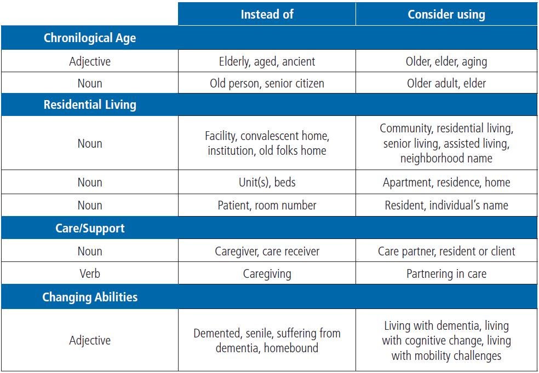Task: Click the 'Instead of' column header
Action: (267, 14)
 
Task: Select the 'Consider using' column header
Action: (446, 14)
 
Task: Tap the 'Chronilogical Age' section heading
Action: (90, 38)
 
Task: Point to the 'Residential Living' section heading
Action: (90, 104)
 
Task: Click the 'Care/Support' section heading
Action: (90, 229)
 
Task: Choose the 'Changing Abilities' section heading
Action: (90, 297)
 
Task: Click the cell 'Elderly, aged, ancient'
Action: (267, 62)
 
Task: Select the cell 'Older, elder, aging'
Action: (446, 62)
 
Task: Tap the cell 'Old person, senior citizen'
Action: (267, 84)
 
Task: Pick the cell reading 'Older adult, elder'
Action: (446, 83)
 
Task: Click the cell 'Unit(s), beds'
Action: (267, 182)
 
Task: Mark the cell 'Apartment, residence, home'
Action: (446, 182)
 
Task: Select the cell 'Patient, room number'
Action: (267, 205)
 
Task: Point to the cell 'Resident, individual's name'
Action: (446, 205)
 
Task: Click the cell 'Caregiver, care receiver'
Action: (267, 251)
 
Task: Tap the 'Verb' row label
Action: (90, 274)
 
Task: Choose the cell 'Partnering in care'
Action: (446, 274)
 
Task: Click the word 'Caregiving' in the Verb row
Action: (267, 274)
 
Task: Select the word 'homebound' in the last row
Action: (291, 348)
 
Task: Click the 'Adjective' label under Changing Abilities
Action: (90, 340)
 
